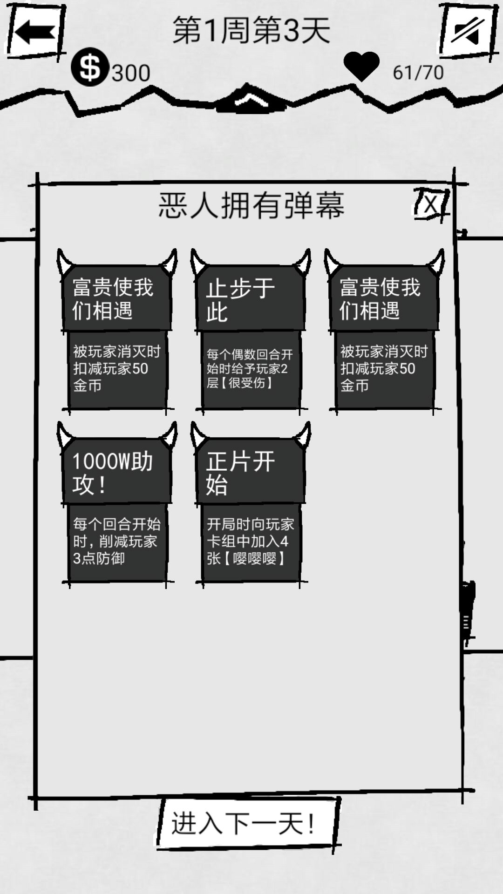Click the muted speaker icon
click(x=468, y=32)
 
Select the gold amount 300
click(x=131, y=73)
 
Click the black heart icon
click(x=361, y=66)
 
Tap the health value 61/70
click(x=418, y=73)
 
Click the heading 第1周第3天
click(x=251, y=30)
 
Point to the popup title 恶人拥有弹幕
click(x=251, y=205)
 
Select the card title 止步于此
click(x=241, y=300)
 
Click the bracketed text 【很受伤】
click(x=247, y=383)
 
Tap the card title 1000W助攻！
click(x=113, y=473)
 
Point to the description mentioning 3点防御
click(x=117, y=541)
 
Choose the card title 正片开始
click(x=241, y=473)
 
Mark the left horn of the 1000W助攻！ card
click(x=65, y=434)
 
